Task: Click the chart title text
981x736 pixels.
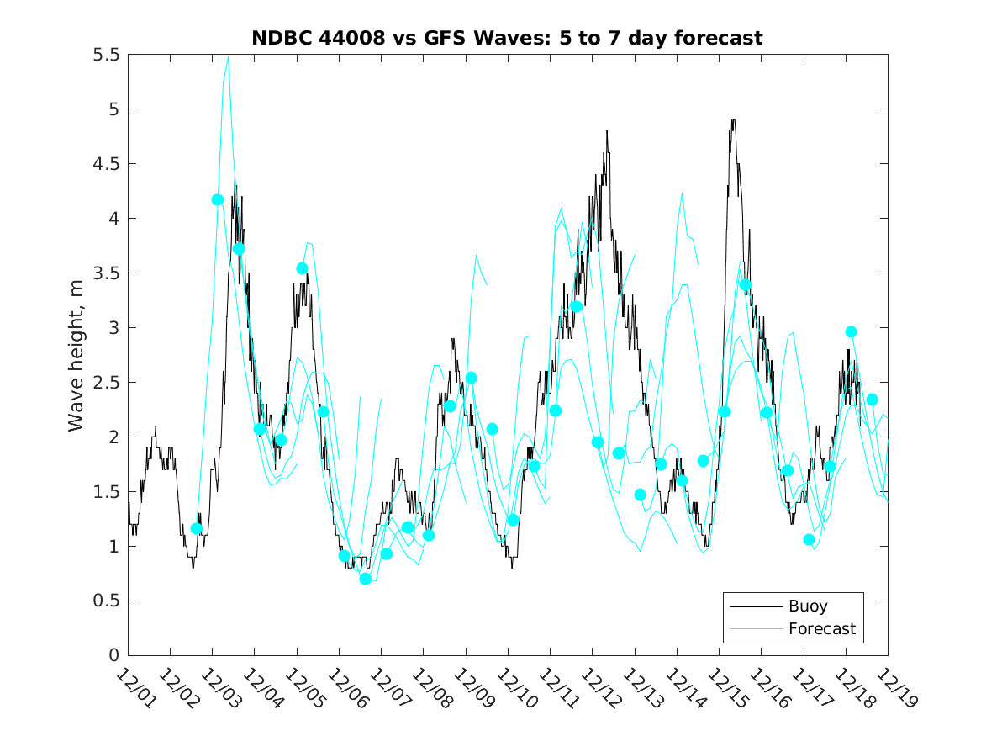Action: (x=507, y=38)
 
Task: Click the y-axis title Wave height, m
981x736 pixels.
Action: (x=76, y=354)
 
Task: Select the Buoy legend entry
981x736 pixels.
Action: (x=807, y=606)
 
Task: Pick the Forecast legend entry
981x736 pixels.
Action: (x=821, y=628)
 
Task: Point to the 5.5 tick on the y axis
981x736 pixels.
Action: (x=107, y=55)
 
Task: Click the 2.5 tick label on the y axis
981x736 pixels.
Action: (x=107, y=383)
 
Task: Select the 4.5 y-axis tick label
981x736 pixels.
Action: (x=107, y=164)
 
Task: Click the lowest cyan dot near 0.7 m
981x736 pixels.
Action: (x=365, y=579)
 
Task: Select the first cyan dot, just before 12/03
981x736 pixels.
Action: (x=197, y=528)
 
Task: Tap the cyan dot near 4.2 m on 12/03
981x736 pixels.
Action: (x=218, y=199)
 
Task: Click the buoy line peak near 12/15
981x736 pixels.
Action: (x=733, y=120)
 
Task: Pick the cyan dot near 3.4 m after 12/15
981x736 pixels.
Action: (x=745, y=285)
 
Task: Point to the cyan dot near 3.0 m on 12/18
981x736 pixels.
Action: (x=851, y=331)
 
